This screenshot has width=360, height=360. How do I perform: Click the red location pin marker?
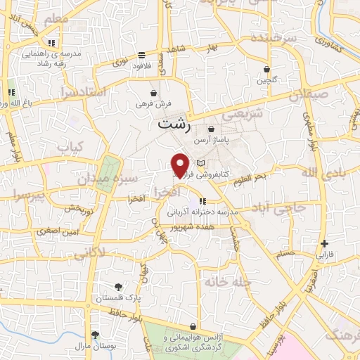click(x=181, y=165)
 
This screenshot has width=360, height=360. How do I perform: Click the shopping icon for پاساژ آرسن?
click(x=211, y=129)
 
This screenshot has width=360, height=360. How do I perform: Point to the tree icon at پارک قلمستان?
click(x=118, y=286)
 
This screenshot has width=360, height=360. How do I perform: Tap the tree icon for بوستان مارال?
click(x=95, y=335)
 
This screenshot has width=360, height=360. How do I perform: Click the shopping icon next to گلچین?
click(x=266, y=69)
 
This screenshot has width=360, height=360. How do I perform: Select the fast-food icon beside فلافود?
click(x=141, y=54)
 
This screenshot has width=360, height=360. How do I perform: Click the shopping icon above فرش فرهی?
click(x=153, y=93)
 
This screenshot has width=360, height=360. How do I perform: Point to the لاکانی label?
click(x=89, y=254)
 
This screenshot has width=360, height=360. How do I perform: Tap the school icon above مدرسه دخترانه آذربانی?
click(x=202, y=202)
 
